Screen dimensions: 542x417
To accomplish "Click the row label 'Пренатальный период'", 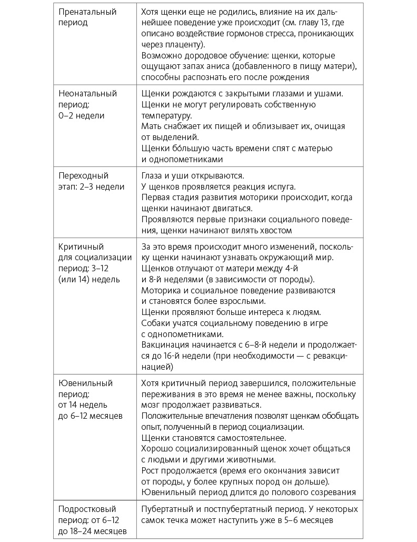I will (87, 17).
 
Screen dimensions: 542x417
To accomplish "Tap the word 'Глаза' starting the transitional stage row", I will (153, 176).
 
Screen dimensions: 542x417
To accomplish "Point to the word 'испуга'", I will (280, 187).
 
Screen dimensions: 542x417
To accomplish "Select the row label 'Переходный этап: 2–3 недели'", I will (91, 181).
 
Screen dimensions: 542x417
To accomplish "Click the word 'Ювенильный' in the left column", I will (85, 383).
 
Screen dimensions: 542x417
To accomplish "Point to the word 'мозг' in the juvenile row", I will (151, 405).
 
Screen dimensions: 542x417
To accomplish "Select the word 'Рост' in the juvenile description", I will (151, 470).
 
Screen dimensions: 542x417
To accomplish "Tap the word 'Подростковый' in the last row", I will (87, 509).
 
